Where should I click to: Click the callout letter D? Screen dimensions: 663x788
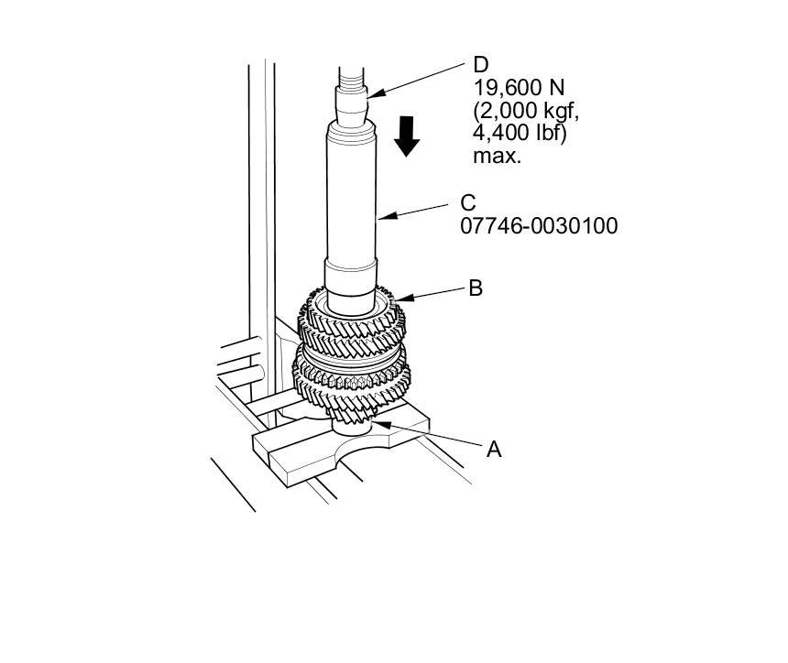click(x=481, y=65)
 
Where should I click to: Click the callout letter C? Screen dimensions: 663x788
click(x=468, y=202)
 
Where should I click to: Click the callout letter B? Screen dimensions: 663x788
click(x=476, y=288)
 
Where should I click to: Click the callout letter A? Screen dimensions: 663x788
click(x=495, y=450)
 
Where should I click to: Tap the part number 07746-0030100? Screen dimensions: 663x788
click(x=539, y=225)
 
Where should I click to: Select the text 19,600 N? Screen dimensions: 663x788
click(x=519, y=89)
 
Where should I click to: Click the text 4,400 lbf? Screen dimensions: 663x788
click(x=519, y=134)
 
